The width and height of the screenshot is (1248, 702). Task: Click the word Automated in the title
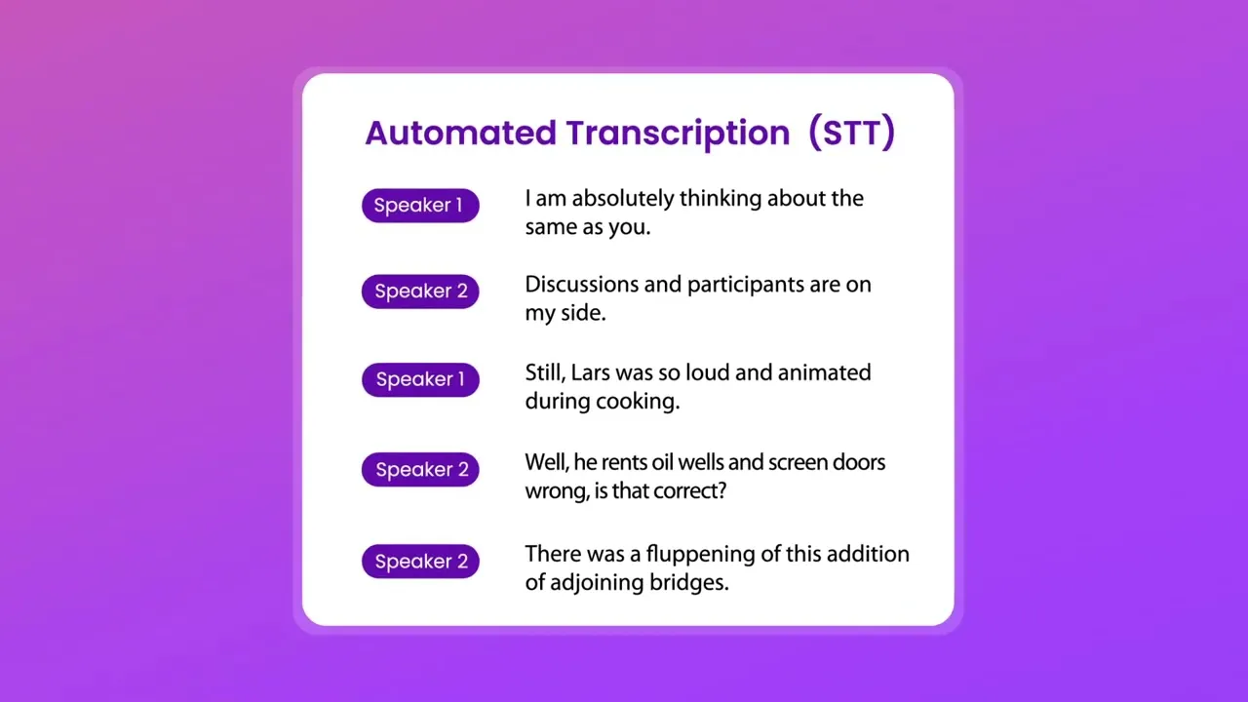point(461,133)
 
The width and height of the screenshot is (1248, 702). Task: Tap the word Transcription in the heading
point(678,135)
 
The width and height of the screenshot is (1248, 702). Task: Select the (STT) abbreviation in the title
point(852,133)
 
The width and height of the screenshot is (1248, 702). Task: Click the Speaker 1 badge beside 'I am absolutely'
point(420,206)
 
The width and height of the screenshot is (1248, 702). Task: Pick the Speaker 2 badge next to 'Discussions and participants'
point(420,292)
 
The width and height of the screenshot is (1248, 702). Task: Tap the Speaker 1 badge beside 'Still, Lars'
point(420,380)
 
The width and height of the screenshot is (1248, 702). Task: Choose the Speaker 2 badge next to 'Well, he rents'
point(420,470)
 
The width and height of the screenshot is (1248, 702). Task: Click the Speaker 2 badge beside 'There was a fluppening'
point(420,561)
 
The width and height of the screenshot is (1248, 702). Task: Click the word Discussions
point(581,285)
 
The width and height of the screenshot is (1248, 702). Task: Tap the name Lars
point(591,372)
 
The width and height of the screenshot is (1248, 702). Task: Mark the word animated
point(825,372)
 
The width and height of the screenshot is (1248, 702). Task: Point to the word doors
point(859,462)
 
